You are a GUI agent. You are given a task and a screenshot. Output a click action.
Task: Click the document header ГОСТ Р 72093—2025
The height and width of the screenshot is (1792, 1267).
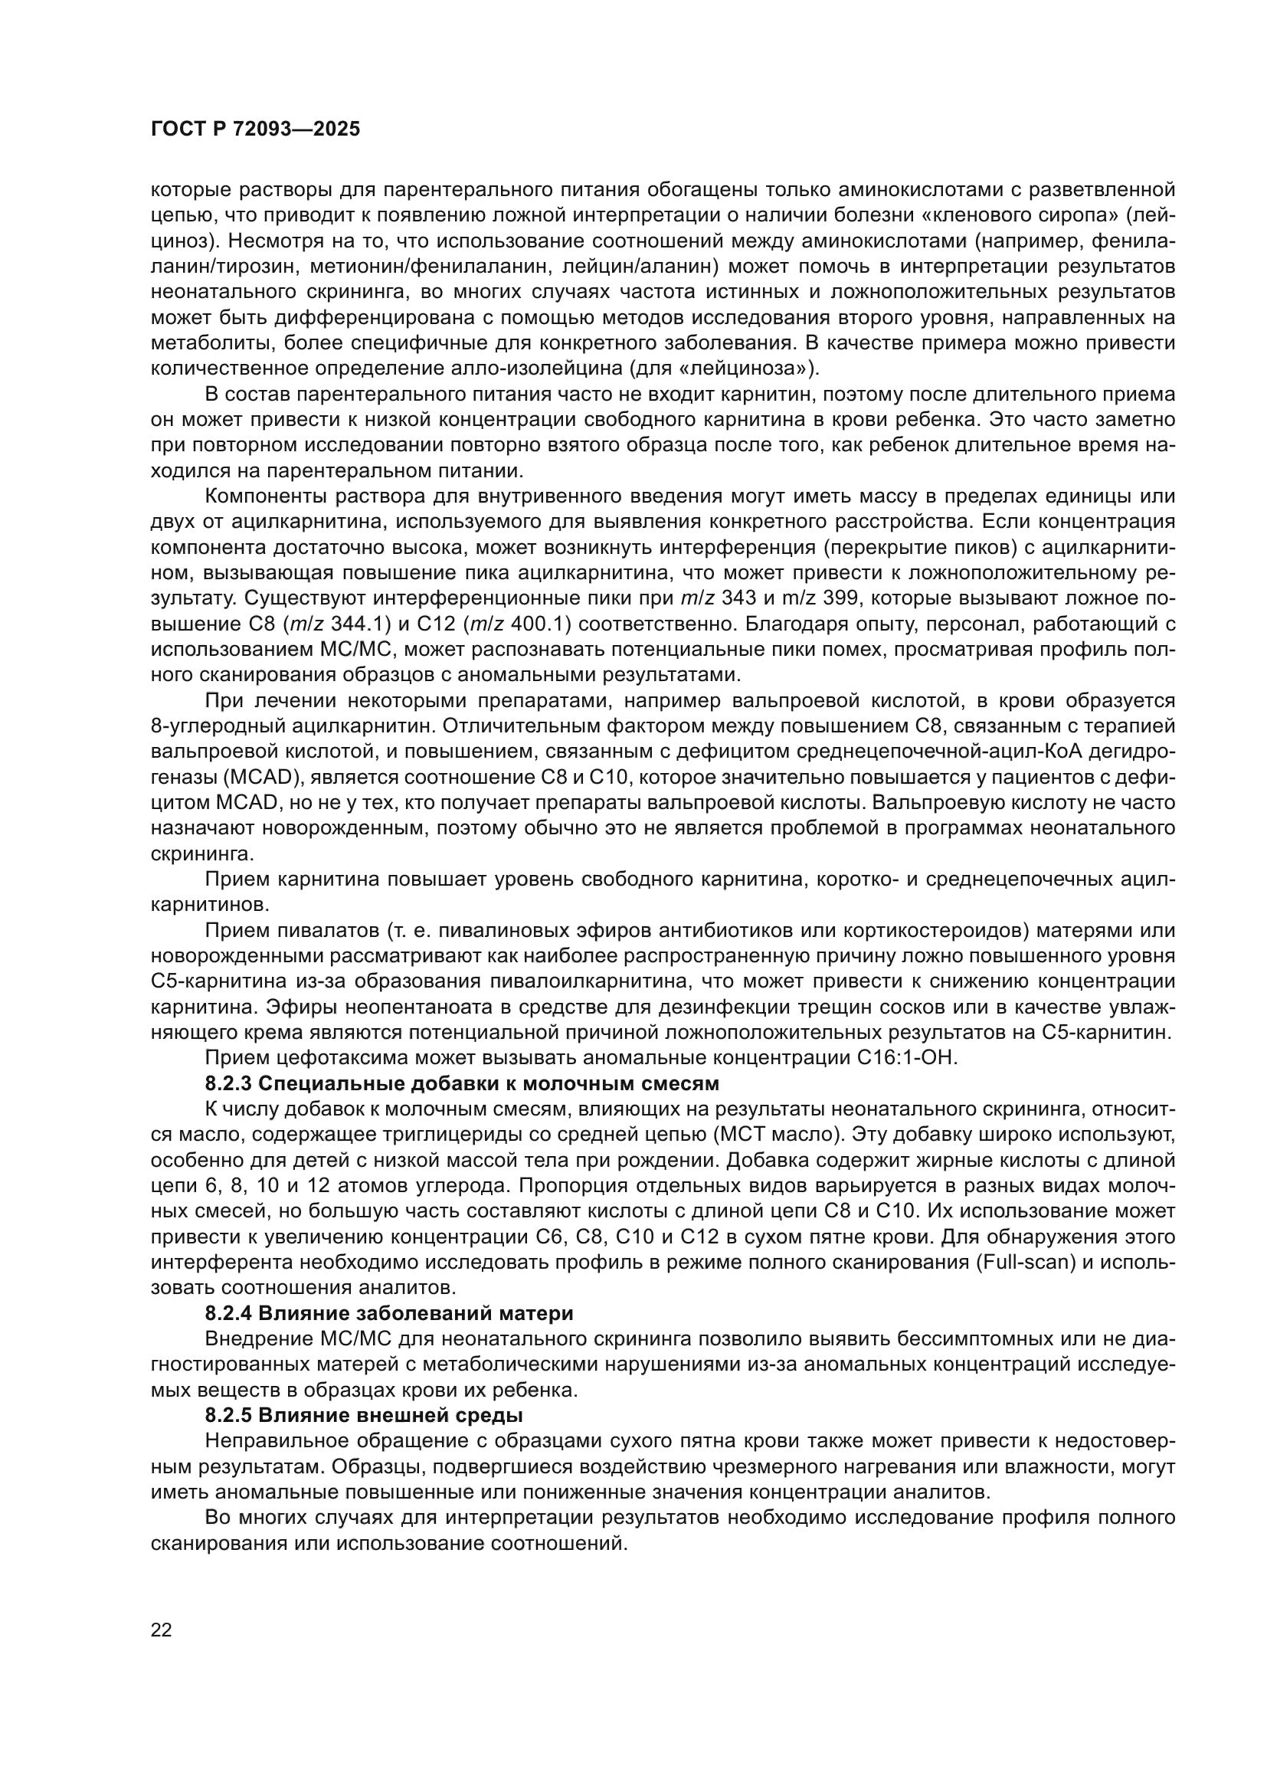pos(255,129)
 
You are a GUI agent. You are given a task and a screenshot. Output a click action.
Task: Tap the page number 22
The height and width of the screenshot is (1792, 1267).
pos(162,1630)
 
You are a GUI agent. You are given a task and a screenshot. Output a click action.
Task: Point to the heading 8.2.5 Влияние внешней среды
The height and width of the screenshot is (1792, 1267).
pos(364,1415)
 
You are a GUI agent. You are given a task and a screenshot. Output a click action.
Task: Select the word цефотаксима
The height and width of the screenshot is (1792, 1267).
pos(338,1057)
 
